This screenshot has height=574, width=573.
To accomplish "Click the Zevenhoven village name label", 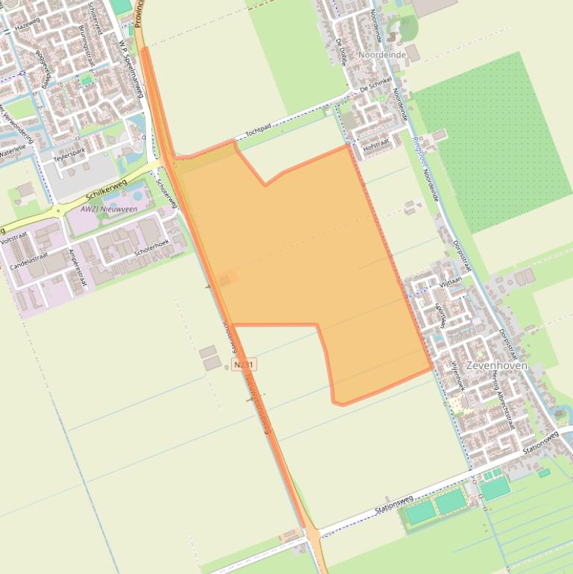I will (496, 366).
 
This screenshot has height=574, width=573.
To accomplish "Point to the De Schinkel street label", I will (375, 89).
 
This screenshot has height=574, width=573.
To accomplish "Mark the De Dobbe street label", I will (341, 52).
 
